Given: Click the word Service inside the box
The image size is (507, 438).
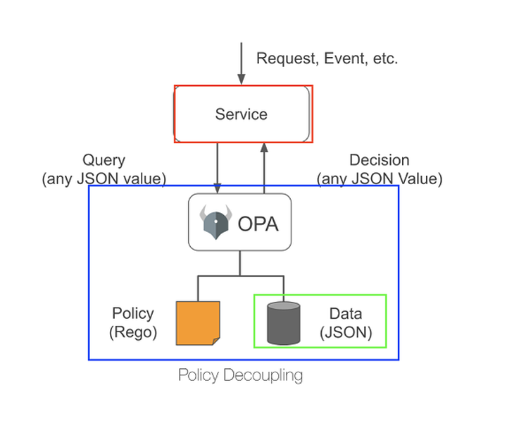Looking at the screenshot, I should pos(241,114).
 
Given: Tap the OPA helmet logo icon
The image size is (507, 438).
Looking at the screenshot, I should pos(215,222).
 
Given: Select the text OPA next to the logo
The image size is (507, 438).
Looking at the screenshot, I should pos(258,224).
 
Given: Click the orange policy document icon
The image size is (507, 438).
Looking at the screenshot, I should pos(198,323).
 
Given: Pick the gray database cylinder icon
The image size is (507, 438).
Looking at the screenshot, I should pos(284,324).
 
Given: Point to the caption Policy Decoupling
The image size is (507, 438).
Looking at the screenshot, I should pos(240,375).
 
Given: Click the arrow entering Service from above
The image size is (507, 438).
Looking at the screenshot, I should pos(241,63).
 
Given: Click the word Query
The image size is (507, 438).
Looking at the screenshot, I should pos(104,161).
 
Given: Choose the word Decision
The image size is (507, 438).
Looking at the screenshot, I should pos(380,160).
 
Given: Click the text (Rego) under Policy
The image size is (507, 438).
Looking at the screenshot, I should pos(133,332).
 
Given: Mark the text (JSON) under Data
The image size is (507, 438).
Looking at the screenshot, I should pos(346,332).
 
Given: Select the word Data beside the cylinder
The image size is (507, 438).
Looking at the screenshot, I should pos(346,314).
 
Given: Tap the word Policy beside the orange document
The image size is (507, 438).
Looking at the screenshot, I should pos(133,313).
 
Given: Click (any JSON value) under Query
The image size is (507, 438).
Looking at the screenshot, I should pos(104,179).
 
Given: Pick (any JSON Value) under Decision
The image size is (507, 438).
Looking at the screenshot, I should pos(380,179).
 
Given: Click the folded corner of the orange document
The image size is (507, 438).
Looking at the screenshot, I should pos(215,341).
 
